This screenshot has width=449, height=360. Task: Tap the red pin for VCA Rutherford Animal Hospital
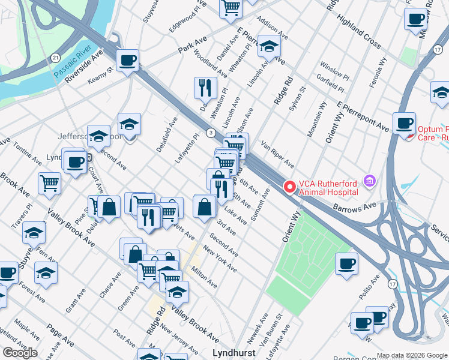[x=289, y=187]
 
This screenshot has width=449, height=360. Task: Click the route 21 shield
[x=55, y=58]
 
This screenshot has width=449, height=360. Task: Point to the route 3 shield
[x=211, y=132]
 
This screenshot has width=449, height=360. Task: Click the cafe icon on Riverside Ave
[x=128, y=61]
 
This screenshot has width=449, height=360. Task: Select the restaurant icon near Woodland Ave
[x=205, y=88]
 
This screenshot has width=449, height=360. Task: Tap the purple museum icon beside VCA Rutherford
[x=369, y=181]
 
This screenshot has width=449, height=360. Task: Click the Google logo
[x=20, y=353]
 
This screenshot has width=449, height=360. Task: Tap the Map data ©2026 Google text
[x=412, y=355]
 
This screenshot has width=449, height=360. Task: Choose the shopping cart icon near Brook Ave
[x=49, y=183]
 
